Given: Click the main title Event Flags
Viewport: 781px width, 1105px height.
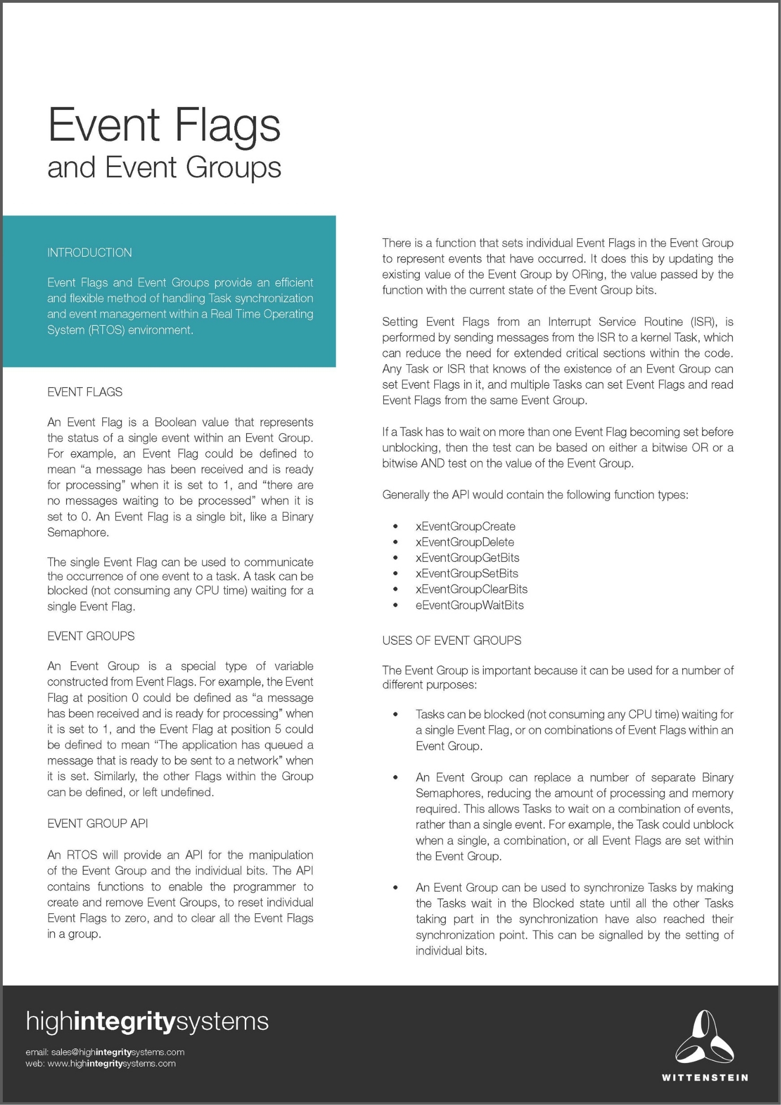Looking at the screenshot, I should pos(164,125).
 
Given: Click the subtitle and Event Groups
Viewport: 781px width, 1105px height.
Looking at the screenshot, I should pos(164,167).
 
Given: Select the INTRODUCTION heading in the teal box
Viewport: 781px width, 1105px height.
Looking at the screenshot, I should pos(89,252).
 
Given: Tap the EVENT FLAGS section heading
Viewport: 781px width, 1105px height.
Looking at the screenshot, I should pos(85,392).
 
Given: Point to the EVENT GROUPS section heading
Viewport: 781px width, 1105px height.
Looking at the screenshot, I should pos(91,636).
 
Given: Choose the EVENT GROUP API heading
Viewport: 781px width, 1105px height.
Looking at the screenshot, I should pos(97,823).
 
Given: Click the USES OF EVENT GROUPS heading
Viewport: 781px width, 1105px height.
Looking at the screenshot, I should pos(451,640).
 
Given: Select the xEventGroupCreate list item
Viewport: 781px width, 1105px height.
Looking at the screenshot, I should pos(465,527).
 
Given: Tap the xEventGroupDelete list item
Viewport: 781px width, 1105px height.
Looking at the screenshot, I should pos(465,542).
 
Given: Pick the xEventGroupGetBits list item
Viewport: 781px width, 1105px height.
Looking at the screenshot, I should pos(467,557).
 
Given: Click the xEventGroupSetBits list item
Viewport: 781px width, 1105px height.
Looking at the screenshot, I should pos(467,573).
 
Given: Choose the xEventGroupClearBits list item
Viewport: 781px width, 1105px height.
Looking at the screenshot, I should pos(471,589).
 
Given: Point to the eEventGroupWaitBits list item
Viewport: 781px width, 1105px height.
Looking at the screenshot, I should pos(469,605).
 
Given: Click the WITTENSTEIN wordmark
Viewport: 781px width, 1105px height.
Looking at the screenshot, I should pos(705,1077).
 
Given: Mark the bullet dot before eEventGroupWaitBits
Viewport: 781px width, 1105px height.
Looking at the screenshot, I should pos(395,606).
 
